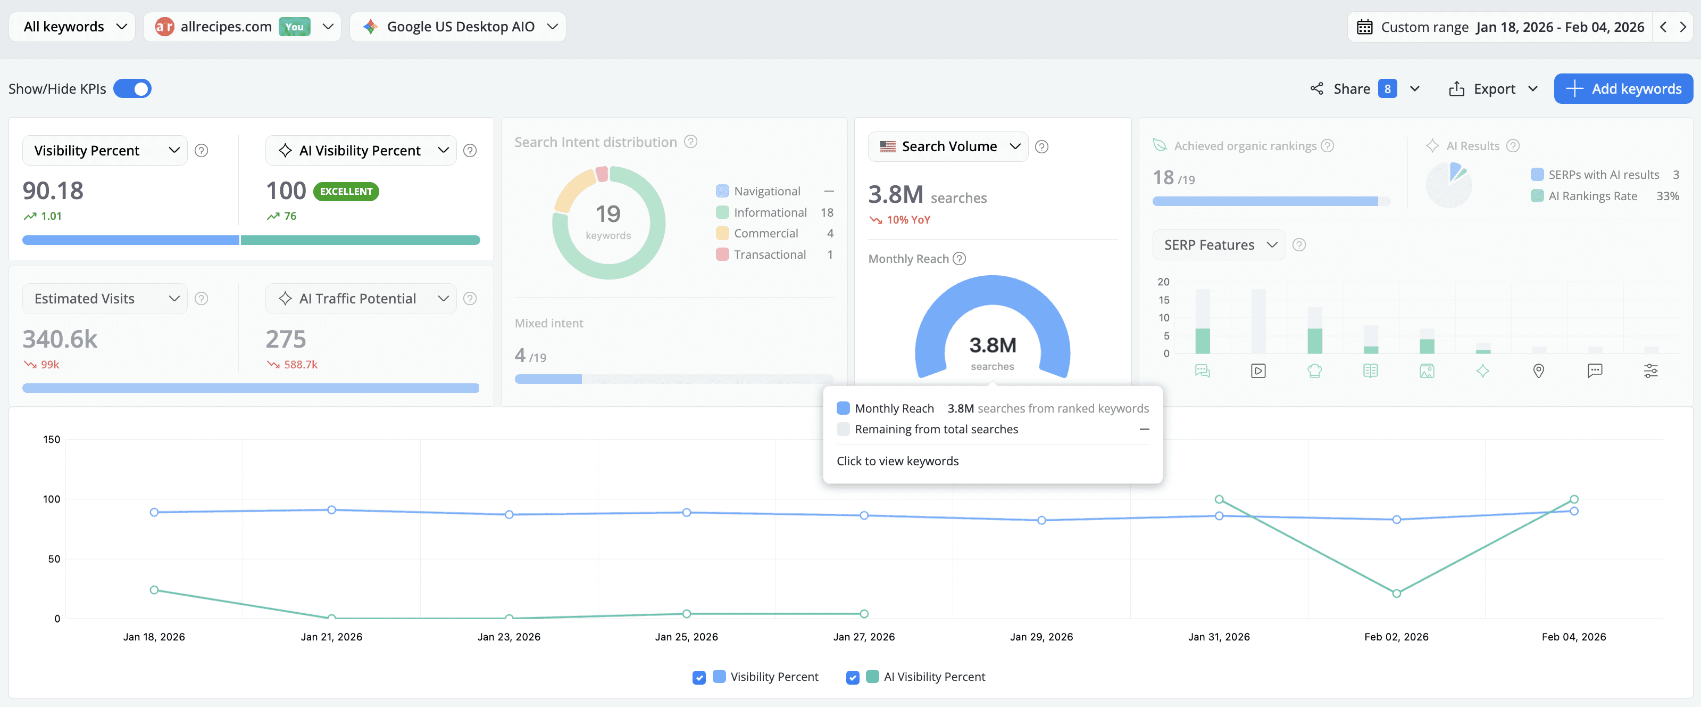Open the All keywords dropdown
(x=74, y=27)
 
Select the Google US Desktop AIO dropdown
(x=460, y=27)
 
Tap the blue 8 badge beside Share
(x=1387, y=88)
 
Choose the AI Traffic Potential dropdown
(x=361, y=299)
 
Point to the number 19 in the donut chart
(x=607, y=213)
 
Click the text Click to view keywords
(x=897, y=461)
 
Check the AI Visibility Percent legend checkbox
(x=853, y=677)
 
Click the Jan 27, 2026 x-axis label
(x=864, y=636)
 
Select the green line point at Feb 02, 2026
(x=1396, y=594)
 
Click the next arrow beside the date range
(x=1682, y=27)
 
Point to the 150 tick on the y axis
(x=52, y=439)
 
